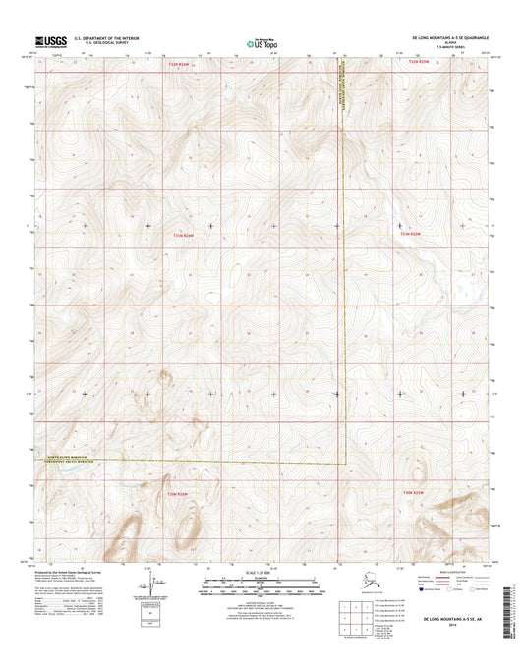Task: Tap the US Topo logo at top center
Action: point(262,43)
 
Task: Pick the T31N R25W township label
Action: point(410,235)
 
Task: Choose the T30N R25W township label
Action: point(411,494)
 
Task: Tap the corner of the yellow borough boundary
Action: point(344,462)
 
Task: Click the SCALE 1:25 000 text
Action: point(261,571)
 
